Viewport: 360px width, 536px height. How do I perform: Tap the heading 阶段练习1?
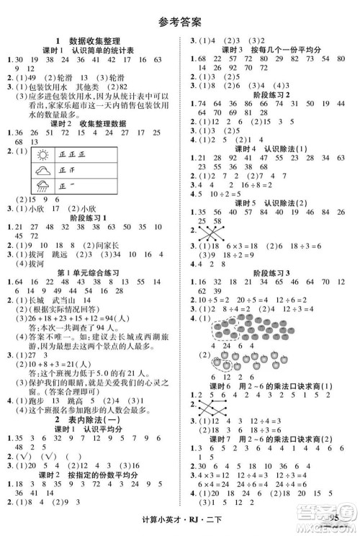(86, 217)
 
